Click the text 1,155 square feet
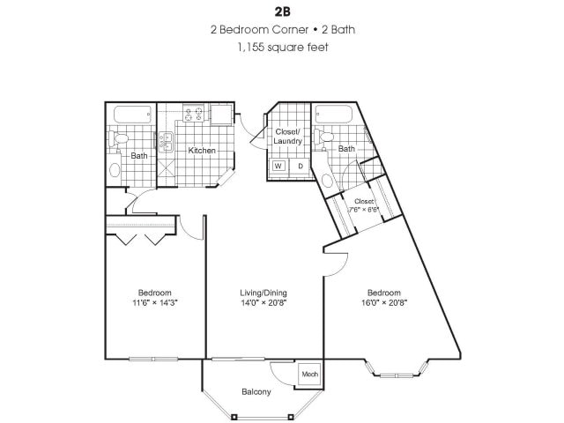[x=282, y=47]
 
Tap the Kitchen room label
[x=202, y=151]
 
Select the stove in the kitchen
[x=194, y=114]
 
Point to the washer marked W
[x=278, y=166]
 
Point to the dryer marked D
[x=300, y=166]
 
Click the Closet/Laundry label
[x=288, y=136]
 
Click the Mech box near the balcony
[x=309, y=375]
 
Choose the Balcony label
[x=256, y=391]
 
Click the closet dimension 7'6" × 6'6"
[x=362, y=211]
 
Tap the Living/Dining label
[x=263, y=292]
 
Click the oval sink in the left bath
[x=113, y=170]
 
